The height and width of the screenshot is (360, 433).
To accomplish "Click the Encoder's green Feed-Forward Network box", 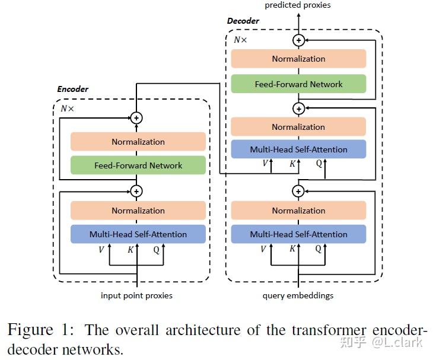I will pyautogui.click(x=138, y=165).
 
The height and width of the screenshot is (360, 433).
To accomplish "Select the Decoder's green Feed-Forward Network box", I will pyautogui.click(x=298, y=84).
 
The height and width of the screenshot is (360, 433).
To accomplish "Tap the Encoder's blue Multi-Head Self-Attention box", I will pyautogui.click(x=138, y=234).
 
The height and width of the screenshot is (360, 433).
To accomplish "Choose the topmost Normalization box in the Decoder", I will pyautogui.click(x=298, y=59).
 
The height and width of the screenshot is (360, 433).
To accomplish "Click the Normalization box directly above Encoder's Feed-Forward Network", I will pyautogui.click(x=138, y=142).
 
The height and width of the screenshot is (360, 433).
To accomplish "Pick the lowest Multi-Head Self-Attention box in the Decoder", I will pyautogui.click(x=298, y=234).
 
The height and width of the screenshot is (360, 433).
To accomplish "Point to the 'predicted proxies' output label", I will pyautogui.click(x=298, y=5).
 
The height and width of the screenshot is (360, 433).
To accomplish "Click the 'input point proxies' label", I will pyautogui.click(x=137, y=295).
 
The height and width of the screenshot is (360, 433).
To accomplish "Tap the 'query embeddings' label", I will pyautogui.click(x=298, y=295).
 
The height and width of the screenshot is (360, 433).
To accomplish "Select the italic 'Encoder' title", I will pyautogui.click(x=72, y=89).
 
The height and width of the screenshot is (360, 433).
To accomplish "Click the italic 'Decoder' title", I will pyautogui.click(x=243, y=21).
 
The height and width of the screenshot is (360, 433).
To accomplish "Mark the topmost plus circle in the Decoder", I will pyautogui.click(x=299, y=40).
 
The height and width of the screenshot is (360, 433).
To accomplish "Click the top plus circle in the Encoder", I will pyautogui.click(x=137, y=118).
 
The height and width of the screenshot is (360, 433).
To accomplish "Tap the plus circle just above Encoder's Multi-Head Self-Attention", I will pyautogui.click(x=137, y=191).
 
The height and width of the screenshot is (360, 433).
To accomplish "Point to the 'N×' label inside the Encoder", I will pyautogui.click(x=68, y=109).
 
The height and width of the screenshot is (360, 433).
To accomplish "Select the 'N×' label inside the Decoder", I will pyautogui.click(x=241, y=40).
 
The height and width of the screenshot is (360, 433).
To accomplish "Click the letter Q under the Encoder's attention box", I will pyautogui.click(x=157, y=250).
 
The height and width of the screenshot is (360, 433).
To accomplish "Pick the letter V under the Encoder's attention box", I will pyautogui.click(x=101, y=250).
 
